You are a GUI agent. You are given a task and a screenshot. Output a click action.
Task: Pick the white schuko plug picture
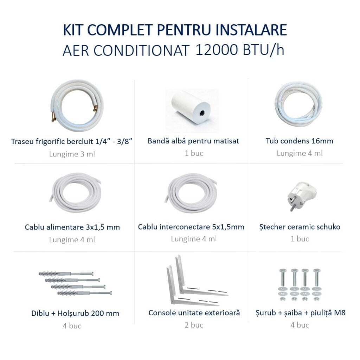pos(301,195)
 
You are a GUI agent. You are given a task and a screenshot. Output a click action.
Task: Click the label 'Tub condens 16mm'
pos(300,141)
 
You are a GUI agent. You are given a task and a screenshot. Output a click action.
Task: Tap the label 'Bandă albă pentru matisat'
pos(193,141)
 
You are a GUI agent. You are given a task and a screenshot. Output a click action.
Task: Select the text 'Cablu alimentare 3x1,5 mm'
pos(72,227)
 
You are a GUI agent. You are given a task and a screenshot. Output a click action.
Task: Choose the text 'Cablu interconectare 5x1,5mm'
pos(191,227)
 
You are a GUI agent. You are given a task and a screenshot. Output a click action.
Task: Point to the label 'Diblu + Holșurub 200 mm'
pos(75,313)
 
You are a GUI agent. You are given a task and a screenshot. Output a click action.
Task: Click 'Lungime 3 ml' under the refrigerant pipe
pos(72,154)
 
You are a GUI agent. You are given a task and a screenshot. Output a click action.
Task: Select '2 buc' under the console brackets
pos(194,325)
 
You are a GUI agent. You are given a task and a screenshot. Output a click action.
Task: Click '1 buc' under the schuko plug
pos(300,239)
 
